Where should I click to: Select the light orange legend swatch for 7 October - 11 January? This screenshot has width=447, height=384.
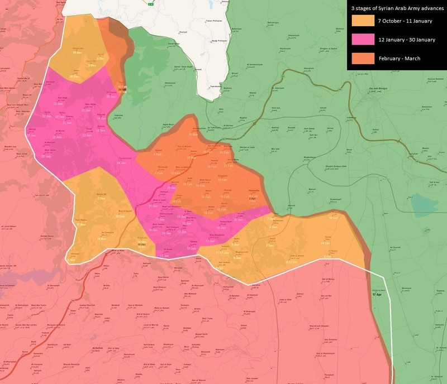[x=363, y=21]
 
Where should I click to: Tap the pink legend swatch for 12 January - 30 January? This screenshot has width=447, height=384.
[x=363, y=39]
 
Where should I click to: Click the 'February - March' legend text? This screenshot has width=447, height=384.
[x=398, y=58]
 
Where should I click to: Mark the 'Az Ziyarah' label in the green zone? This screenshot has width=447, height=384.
[x=395, y=247]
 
